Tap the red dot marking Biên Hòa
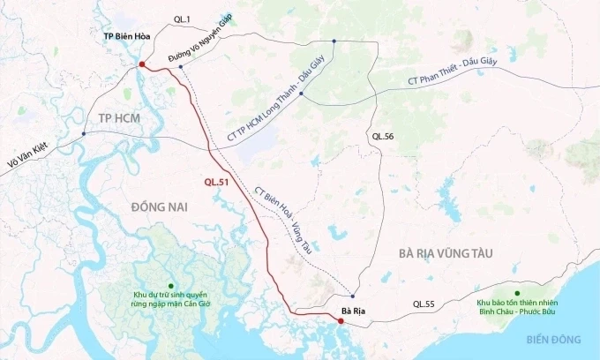point(142,64)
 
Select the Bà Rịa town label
point(353,311)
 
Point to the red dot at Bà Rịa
point(339,323)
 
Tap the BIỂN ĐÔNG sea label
point(550,339)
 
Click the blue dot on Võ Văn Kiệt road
point(84,134)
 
